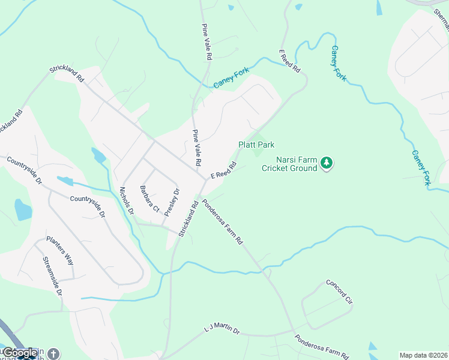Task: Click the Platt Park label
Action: coord(256,145)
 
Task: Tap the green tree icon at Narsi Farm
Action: coord(327,162)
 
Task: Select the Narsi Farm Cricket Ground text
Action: coord(289,164)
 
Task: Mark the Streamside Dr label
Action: coord(52,276)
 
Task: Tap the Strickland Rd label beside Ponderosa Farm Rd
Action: coord(188,218)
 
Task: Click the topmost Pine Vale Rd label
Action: coord(207,41)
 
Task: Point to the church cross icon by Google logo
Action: coord(54,354)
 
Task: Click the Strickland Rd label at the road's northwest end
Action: coord(67,74)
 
